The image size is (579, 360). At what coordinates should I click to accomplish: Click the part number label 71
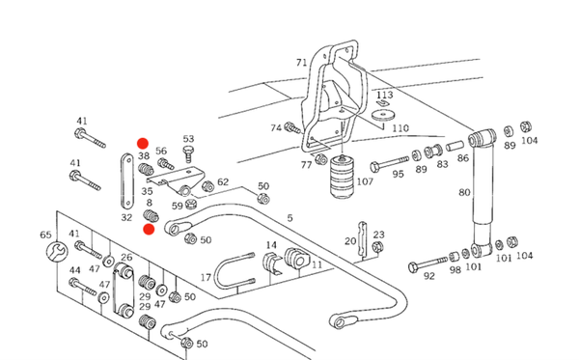(x=302, y=63)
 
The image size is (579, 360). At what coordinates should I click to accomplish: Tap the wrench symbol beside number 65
(x=57, y=252)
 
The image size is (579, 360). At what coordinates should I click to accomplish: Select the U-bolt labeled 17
(x=234, y=273)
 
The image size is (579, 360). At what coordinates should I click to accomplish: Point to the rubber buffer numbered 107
(x=343, y=177)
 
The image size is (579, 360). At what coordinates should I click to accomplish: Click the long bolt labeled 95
(x=389, y=163)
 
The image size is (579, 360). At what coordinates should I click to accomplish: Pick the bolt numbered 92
(x=427, y=263)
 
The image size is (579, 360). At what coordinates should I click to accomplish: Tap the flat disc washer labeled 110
(x=383, y=115)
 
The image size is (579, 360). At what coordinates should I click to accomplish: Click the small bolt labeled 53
(x=188, y=153)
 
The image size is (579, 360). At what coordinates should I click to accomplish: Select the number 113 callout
(x=384, y=95)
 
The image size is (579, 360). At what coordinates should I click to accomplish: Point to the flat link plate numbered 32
(x=127, y=181)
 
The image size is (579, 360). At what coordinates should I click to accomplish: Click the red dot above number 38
(x=143, y=144)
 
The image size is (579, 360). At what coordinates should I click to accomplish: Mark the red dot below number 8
(x=149, y=230)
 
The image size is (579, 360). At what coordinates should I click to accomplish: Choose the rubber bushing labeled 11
(x=296, y=258)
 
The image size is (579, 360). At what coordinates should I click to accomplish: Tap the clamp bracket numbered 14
(x=272, y=263)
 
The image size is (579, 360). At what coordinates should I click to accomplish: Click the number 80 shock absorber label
(x=464, y=192)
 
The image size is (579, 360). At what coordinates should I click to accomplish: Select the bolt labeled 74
(x=292, y=127)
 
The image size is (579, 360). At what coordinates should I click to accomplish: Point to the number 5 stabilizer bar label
(x=289, y=218)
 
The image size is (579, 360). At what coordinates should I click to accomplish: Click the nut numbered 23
(x=377, y=247)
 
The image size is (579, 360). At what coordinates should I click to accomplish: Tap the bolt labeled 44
(x=83, y=287)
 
